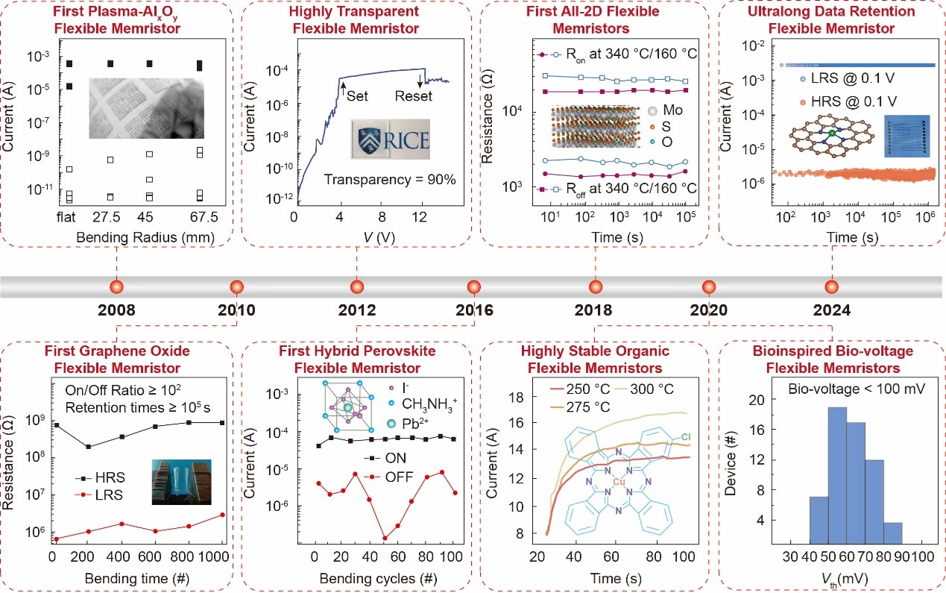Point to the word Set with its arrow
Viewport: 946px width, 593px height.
click(353, 95)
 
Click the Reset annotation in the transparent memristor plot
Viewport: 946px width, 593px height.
click(413, 95)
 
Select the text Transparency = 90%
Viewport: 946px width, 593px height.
click(389, 179)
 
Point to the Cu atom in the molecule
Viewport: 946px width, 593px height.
click(619, 483)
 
